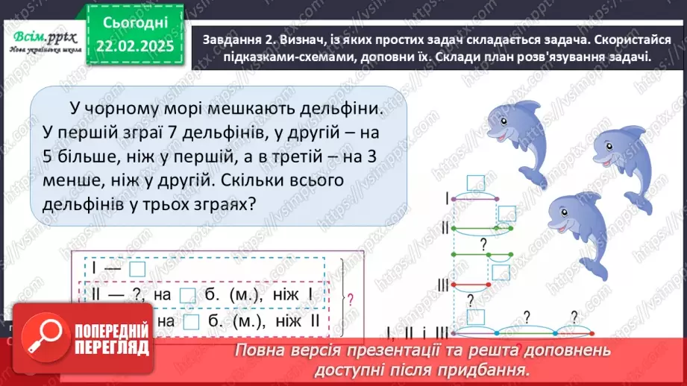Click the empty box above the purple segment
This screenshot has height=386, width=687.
pos(475,183)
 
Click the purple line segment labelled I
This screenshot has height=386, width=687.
pos(475,199)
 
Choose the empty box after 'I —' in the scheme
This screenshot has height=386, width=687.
pos(137,269)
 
